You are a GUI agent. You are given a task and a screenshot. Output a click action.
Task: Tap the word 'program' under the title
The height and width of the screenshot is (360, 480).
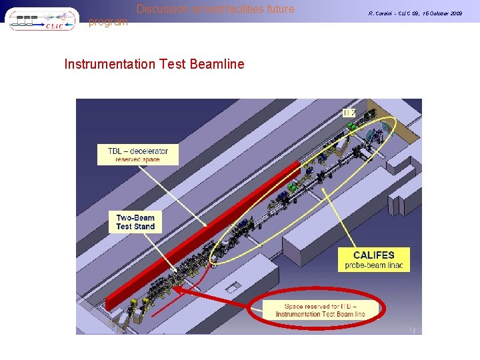coord(108,22)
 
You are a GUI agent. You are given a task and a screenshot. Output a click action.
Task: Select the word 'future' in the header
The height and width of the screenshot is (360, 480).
coord(279,9)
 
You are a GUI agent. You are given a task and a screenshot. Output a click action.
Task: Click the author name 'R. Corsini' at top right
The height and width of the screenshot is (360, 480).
coord(382,13)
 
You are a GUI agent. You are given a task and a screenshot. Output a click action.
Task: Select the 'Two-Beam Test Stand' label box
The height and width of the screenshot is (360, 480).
coord(135,222)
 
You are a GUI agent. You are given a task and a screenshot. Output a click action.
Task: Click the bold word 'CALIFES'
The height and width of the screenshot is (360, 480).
coord(373,255)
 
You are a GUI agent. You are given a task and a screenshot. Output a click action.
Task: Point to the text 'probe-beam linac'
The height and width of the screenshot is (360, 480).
coord(373,266)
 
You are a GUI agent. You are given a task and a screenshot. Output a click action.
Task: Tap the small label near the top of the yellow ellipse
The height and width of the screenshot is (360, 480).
coord(349,113)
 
